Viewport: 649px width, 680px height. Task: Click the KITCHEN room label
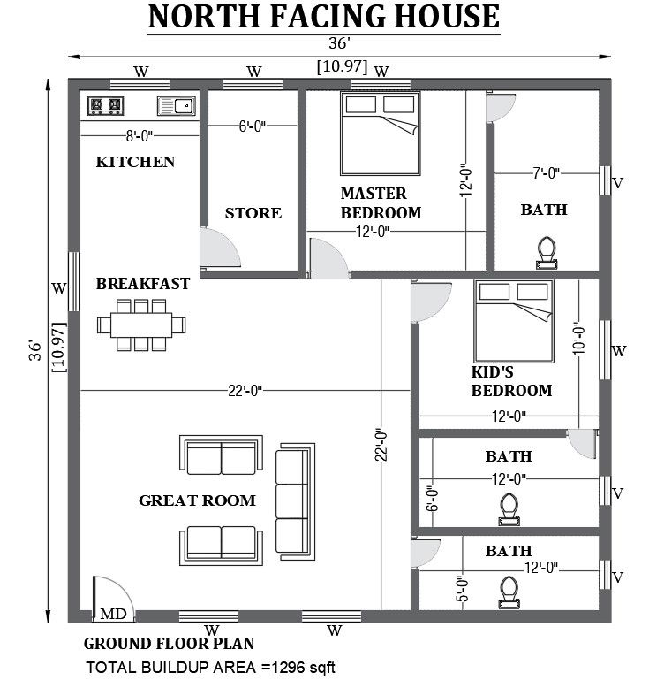click(135, 162)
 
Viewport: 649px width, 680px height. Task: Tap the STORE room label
click(253, 213)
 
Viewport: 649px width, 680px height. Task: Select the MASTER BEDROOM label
click(381, 202)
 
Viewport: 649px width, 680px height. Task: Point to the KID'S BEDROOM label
click(511, 382)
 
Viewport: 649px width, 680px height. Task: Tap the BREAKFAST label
click(143, 284)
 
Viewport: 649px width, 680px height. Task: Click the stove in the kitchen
click(105, 107)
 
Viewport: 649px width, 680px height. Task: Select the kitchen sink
click(175, 107)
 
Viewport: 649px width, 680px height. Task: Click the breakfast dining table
click(142, 325)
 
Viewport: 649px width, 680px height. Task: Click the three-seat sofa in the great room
click(294, 500)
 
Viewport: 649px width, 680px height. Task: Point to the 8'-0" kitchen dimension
click(140, 136)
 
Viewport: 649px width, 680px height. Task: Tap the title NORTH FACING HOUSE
click(322, 17)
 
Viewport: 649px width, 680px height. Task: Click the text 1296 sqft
click(298, 667)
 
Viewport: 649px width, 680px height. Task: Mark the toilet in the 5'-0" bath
click(508, 588)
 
